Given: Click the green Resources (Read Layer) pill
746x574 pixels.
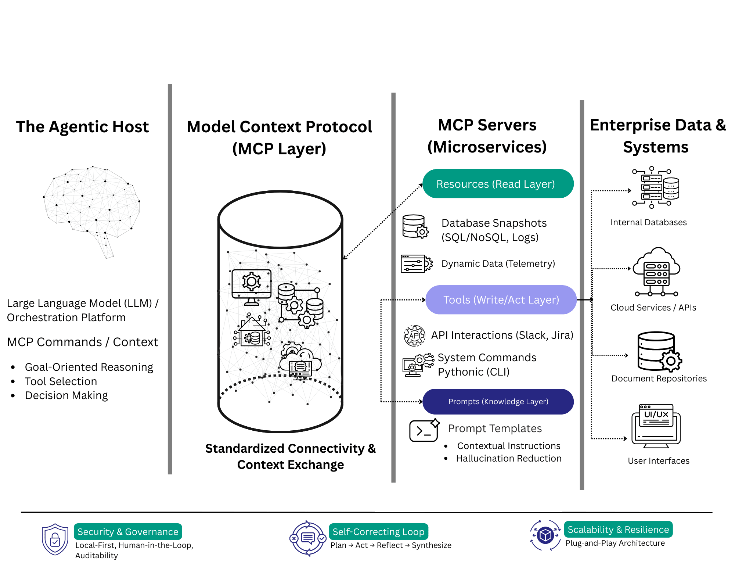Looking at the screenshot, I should pos(498,184).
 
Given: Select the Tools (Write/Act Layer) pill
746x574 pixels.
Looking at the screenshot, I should pos(501,300).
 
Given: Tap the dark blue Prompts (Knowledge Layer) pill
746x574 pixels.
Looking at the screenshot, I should pos(498,402).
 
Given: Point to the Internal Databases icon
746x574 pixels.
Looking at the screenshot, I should pos(656,187).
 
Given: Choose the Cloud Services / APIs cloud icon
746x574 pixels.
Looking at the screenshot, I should pos(657,272).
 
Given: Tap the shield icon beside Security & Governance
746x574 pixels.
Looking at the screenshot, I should pos(55,539).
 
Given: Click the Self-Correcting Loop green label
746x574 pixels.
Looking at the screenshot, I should pos(378,532).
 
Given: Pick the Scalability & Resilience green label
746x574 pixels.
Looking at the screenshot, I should pos(618,530).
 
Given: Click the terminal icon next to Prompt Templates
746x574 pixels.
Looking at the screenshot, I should pos(424,430).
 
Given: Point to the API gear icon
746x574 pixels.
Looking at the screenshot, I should pos(414,336).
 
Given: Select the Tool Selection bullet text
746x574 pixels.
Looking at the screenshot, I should pos(61,381).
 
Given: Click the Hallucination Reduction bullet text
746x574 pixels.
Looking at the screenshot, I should pos(509,459).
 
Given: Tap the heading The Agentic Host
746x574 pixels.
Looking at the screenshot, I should pos(82,127).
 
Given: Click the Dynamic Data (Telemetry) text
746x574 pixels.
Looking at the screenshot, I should pos(498,264).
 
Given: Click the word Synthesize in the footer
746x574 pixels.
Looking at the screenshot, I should pos(432,545).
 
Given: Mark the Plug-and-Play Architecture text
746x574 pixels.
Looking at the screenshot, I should pos(615,543).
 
